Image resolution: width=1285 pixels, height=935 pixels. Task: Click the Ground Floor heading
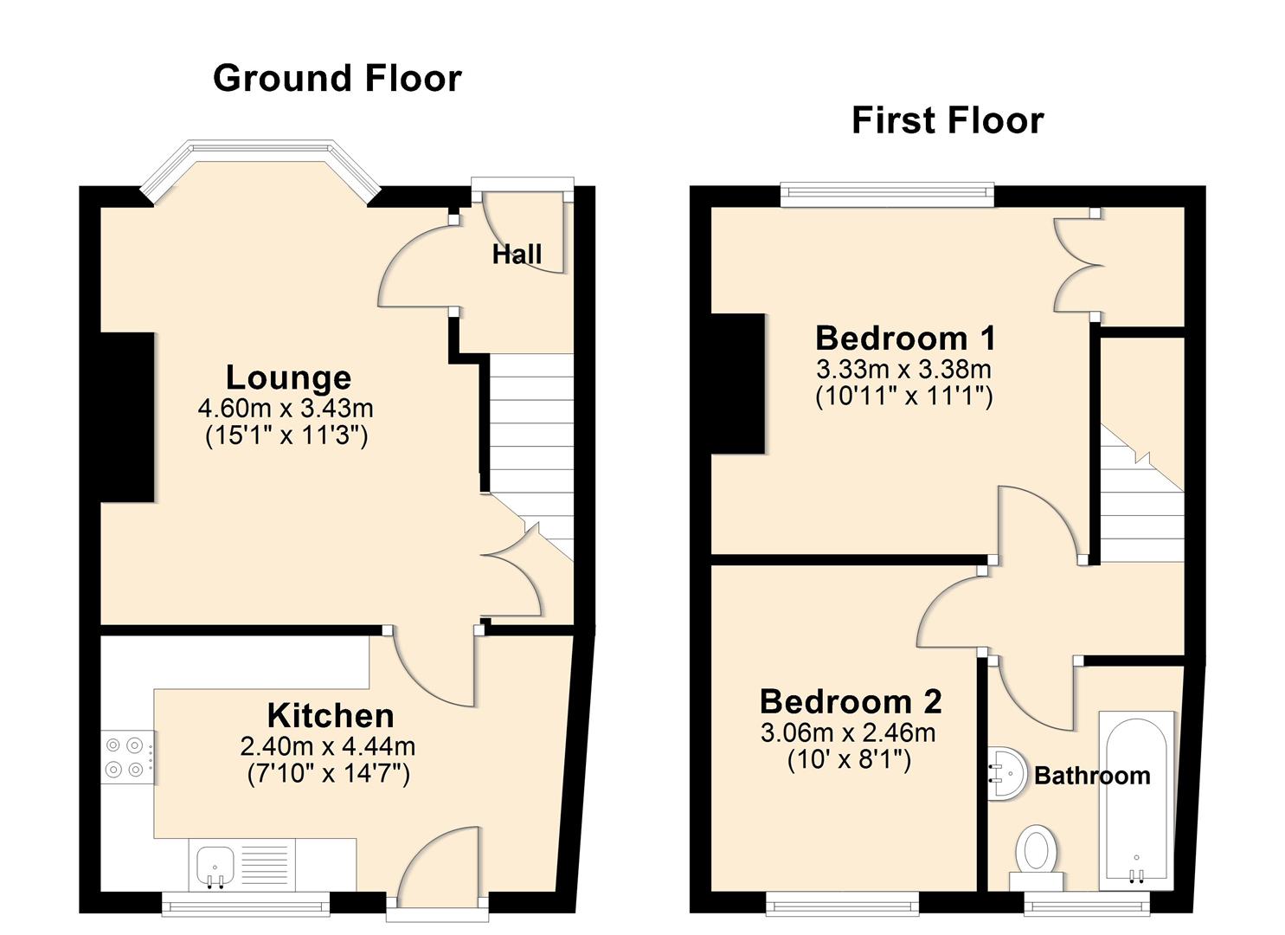pos(337,78)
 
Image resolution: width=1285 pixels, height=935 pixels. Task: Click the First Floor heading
pos(948,120)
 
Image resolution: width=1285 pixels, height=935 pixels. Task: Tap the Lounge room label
pos(288,377)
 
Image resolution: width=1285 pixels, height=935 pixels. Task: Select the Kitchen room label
pos(330,716)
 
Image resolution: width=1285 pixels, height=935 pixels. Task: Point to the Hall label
pos(517,254)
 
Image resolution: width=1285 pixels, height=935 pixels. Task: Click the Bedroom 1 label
pos(905,337)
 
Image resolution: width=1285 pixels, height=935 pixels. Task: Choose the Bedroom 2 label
pos(850,700)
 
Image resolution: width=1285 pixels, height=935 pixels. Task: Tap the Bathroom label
pos(1092,775)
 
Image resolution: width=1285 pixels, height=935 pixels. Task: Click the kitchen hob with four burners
pos(127,757)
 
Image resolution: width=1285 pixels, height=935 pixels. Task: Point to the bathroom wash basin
pos(1004,772)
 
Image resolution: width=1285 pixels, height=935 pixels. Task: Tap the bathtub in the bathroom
pos(1136,800)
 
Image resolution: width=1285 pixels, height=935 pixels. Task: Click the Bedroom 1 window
pos(886,195)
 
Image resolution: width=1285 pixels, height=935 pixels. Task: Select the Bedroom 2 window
pos(842,905)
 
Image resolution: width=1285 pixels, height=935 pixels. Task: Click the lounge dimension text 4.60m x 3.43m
pos(286,407)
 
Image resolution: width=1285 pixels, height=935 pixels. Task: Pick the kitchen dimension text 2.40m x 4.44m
pos(328,745)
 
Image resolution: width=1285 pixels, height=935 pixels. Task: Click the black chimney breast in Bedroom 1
pos(737,384)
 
